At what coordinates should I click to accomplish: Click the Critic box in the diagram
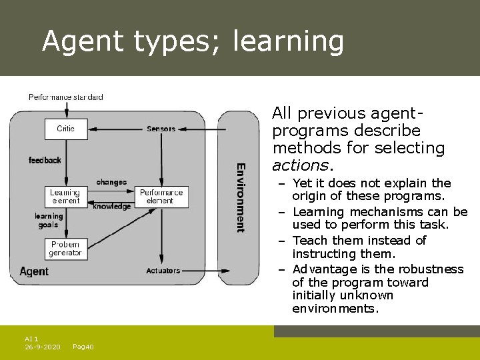click(x=66, y=129)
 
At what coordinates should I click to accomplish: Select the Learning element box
click(x=65, y=197)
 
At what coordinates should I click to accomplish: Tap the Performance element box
click(x=161, y=197)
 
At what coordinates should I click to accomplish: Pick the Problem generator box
click(x=65, y=249)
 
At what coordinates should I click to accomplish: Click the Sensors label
click(x=161, y=129)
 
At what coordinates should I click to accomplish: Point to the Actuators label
click(x=163, y=271)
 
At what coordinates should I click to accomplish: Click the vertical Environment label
click(x=241, y=197)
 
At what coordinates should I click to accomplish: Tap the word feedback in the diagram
click(x=45, y=160)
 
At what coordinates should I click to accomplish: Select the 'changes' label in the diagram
click(x=111, y=182)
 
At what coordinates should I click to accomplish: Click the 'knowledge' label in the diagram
click(x=112, y=207)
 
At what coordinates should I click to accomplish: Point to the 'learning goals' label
click(x=49, y=220)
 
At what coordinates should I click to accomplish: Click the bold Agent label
click(x=34, y=271)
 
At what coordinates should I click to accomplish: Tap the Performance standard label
click(x=66, y=97)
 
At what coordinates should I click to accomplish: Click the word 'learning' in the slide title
click(x=288, y=41)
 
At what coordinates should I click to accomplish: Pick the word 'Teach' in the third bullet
click(x=309, y=241)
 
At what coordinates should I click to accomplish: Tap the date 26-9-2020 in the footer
click(x=43, y=347)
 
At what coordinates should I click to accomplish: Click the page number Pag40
click(x=83, y=347)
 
